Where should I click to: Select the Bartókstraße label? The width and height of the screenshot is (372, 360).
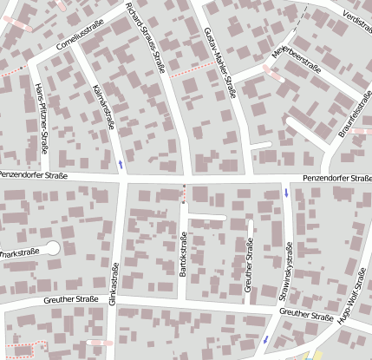coord(183,256)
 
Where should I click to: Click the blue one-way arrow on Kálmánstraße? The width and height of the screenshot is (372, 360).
coord(121,163)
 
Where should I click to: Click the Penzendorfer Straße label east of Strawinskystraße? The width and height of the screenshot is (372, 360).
coord(336,179)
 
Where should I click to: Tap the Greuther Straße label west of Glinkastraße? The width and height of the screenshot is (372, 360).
coord(69,300)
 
